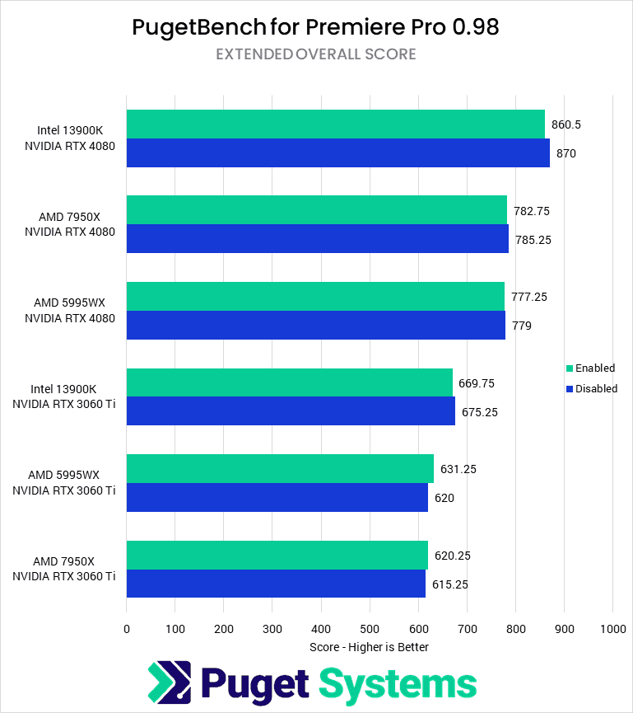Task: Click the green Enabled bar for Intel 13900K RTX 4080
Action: click(335, 124)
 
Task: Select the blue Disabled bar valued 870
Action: click(337, 153)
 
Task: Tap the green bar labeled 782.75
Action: click(316, 210)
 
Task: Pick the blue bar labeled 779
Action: click(315, 326)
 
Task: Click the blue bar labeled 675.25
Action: click(290, 411)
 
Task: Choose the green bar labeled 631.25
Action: click(280, 469)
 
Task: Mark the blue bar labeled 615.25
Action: click(276, 584)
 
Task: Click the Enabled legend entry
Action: click(590, 368)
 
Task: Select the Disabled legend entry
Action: click(591, 389)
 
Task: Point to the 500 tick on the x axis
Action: click(370, 629)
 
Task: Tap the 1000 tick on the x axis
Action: click(612, 629)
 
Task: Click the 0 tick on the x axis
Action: click(127, 629)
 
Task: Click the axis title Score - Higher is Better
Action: click(369, 647)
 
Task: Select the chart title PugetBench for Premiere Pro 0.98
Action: click(316, 28)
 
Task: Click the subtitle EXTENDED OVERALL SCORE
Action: click(316, 54)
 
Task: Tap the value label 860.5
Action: click(567, 124)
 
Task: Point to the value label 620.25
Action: click(453, 556)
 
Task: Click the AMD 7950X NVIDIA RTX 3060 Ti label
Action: click(63, 570)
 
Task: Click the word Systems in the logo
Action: click(398, 684)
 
